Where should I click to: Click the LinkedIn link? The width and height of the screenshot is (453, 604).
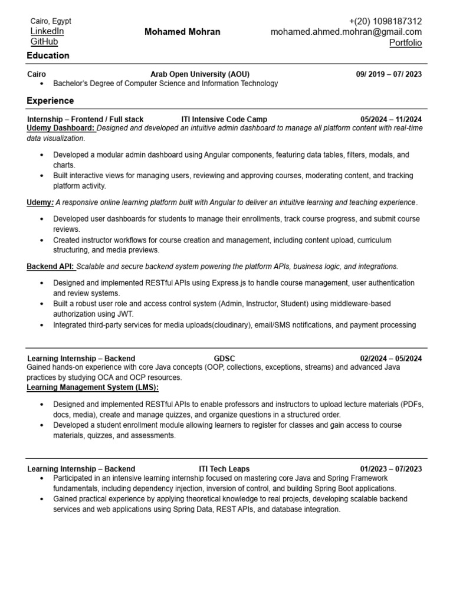47,31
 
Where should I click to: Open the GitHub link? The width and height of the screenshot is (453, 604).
44,42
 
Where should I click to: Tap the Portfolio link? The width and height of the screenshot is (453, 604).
405,43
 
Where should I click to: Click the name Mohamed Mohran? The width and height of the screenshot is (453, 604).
182,32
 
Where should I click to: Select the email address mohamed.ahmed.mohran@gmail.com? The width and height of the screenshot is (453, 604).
346,32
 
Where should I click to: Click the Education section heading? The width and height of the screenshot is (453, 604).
48,55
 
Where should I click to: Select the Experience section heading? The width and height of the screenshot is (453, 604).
50,101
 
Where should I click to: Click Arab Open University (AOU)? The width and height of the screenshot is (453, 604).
200,74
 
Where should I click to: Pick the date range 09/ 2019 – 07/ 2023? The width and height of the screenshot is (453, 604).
389,74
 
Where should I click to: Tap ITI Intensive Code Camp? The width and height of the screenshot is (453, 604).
224,119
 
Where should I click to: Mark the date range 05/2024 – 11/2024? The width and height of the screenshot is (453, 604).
391,119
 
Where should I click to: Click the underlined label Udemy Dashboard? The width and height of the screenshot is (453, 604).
61,128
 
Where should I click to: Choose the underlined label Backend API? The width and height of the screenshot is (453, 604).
50,267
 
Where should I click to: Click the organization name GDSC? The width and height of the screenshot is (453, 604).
224,358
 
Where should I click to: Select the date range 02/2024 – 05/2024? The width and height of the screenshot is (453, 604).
391,358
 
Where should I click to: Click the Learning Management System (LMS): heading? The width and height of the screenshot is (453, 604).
93,387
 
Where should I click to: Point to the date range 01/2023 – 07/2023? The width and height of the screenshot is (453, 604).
391,469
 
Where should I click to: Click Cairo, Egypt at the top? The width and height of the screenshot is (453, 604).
51,21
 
